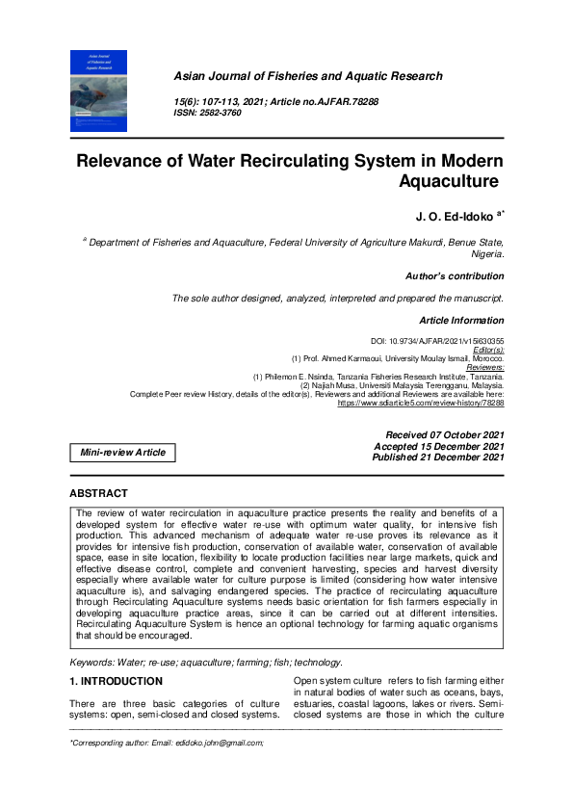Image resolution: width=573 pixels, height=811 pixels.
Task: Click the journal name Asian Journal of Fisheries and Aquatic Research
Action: pos(307,76)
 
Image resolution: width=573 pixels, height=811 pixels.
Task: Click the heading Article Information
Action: pos(460,320)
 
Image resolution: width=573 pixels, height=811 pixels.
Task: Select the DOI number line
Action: pos(436,341)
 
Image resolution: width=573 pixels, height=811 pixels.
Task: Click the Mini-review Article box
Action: pos(122,452)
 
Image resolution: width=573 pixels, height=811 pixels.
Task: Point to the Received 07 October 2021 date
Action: pos(444,435)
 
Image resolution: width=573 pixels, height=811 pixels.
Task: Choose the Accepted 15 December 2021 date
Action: pos(438,446)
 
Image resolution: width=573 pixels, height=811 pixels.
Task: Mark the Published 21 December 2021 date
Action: pos(437,457)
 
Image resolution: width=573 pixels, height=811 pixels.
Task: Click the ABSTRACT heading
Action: pos(99,494)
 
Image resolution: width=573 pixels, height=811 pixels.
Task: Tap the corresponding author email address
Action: pos(215,743)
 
